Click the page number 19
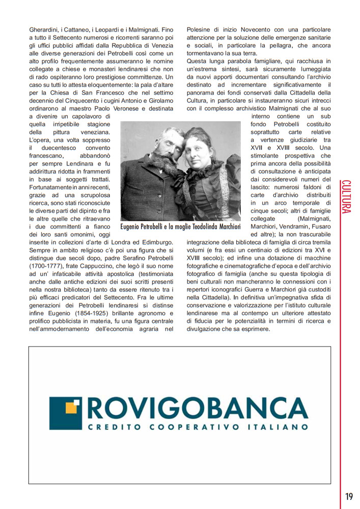click(x=348, y=496)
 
